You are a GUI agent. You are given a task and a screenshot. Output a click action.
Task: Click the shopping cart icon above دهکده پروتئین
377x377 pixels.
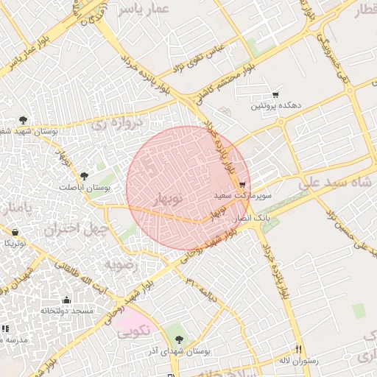[x=275, y=95]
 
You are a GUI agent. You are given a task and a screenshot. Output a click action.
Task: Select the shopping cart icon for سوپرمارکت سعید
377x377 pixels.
[x=242, y=185]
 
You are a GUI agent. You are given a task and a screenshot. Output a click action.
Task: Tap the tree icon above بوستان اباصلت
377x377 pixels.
[x=83, y=176]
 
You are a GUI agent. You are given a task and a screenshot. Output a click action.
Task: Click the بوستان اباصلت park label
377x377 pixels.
[x=83, y=188]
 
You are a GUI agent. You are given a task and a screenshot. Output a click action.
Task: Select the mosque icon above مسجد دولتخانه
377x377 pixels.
[x=67, y=300]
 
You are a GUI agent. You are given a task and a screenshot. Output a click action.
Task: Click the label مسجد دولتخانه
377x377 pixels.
[x=67, y=311]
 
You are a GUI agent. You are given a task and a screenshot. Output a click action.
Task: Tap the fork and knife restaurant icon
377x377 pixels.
[x=297, y=348]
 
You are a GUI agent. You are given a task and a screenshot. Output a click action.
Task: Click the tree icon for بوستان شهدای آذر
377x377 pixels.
[x=179, y=339]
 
